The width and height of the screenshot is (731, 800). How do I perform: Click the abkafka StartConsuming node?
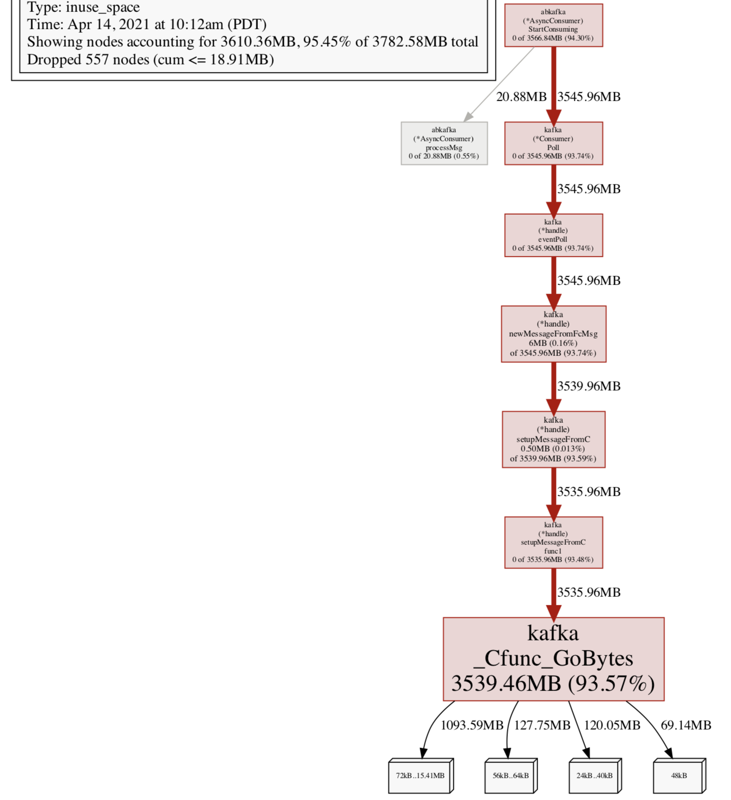tap(553, 25)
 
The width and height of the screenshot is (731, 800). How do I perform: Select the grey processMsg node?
tap(444, 143)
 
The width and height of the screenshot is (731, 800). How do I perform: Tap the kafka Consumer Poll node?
tap(553, 143)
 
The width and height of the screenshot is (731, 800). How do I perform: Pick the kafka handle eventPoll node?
tap(553, 235)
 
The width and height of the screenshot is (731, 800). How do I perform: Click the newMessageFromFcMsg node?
tap(553, 334)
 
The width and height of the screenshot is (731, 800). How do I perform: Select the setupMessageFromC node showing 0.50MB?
tap(553, 439)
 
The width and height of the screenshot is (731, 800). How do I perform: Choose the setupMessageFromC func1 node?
tap(553, 542)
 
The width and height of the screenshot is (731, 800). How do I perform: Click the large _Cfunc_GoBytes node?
tap(553, 659)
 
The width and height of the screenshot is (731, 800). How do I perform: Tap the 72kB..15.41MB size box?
tap(420, 776)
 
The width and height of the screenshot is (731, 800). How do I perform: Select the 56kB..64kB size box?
tap(510, 776)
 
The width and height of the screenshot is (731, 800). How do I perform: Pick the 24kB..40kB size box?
tap(594, 776)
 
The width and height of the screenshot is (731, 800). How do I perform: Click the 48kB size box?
tap(678, 776)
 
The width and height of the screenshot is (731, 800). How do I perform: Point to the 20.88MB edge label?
tap(521, 97)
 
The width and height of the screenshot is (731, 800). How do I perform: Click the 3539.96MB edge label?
tap(589, 386)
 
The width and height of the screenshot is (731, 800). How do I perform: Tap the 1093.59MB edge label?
tap(472, 725)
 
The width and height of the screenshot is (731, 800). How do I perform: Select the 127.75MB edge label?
tap(542, 725)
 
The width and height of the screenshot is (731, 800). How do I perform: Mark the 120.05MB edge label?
tap(612, 725)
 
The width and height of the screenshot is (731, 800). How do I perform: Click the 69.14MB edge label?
tap(686, 725)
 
